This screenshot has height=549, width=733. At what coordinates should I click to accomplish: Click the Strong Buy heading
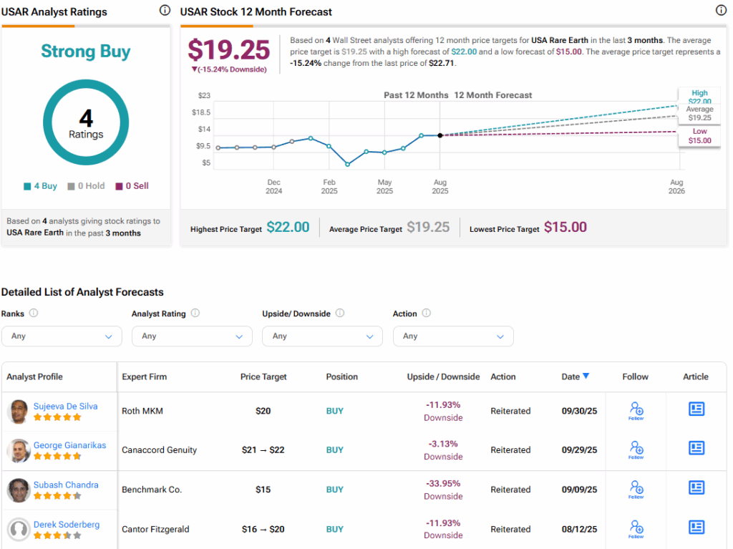click(x=86, y=52)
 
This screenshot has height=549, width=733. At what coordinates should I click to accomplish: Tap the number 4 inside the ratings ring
click(x=86, y=118)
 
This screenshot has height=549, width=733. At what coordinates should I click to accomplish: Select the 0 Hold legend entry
click(x=86, y=186)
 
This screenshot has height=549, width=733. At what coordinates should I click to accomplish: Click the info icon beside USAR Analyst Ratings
click(x=165, y=11)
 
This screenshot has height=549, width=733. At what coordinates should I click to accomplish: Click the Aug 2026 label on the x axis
click(x=676, y=187)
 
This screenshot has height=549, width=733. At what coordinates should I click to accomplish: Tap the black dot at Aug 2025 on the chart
click(x=440, y=135)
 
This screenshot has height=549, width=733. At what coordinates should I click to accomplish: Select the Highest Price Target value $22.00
click(x=288, y=228)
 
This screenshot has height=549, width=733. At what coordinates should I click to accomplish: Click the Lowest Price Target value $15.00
click(x=565, y=228)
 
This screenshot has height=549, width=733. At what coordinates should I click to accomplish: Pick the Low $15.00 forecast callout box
click(x=699, y=136)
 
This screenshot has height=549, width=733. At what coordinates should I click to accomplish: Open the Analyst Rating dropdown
click(x=192, y=336)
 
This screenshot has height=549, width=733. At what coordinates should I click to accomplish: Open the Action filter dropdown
click(x=453, y=336)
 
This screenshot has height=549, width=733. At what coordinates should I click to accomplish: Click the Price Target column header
click(x=263, y=376)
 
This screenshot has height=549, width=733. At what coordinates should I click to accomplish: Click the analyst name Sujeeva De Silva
click(x=65, y=406)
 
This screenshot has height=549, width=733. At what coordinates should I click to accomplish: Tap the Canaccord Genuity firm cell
click(x=159, y=450)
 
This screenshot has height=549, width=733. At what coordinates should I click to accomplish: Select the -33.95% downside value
click(x=443, y=483)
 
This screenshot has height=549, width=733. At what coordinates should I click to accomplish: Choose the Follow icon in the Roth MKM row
click(x=636, y=410)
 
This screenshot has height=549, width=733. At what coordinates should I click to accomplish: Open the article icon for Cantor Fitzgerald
click(x=696, y=528)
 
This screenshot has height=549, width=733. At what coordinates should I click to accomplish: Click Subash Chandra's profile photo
click(x=18, y=490)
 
